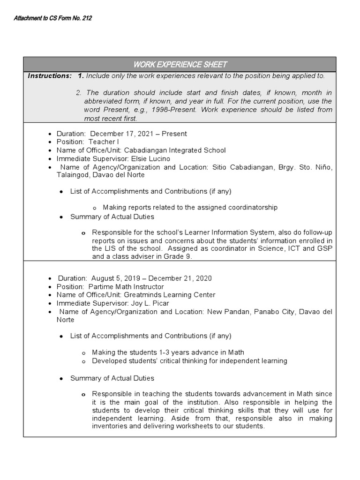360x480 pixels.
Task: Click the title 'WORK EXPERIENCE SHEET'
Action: [x=180, y=64]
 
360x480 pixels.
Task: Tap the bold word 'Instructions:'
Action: [x=50, y=76]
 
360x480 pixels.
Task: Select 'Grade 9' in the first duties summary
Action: [x=179, y=257]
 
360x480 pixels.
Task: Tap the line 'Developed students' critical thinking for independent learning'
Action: [x=189, y=360]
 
